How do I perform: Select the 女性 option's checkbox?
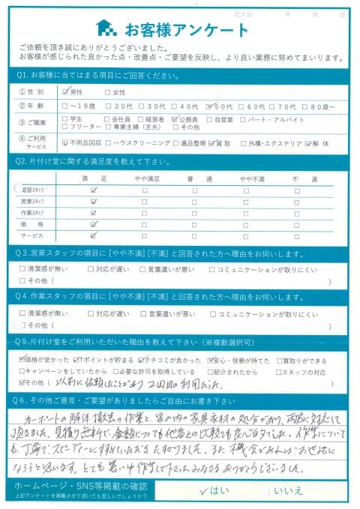[x=108, y=92]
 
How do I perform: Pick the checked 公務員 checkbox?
[x=175, y=118]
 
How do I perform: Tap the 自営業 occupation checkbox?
[x=208, y=118]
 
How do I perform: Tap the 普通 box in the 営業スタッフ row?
[x=195, y=202]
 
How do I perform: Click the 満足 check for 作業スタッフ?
[x=94, y=213]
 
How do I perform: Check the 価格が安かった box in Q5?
[x=21, y=360]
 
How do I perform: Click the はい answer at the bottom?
[x=217, y=491]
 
